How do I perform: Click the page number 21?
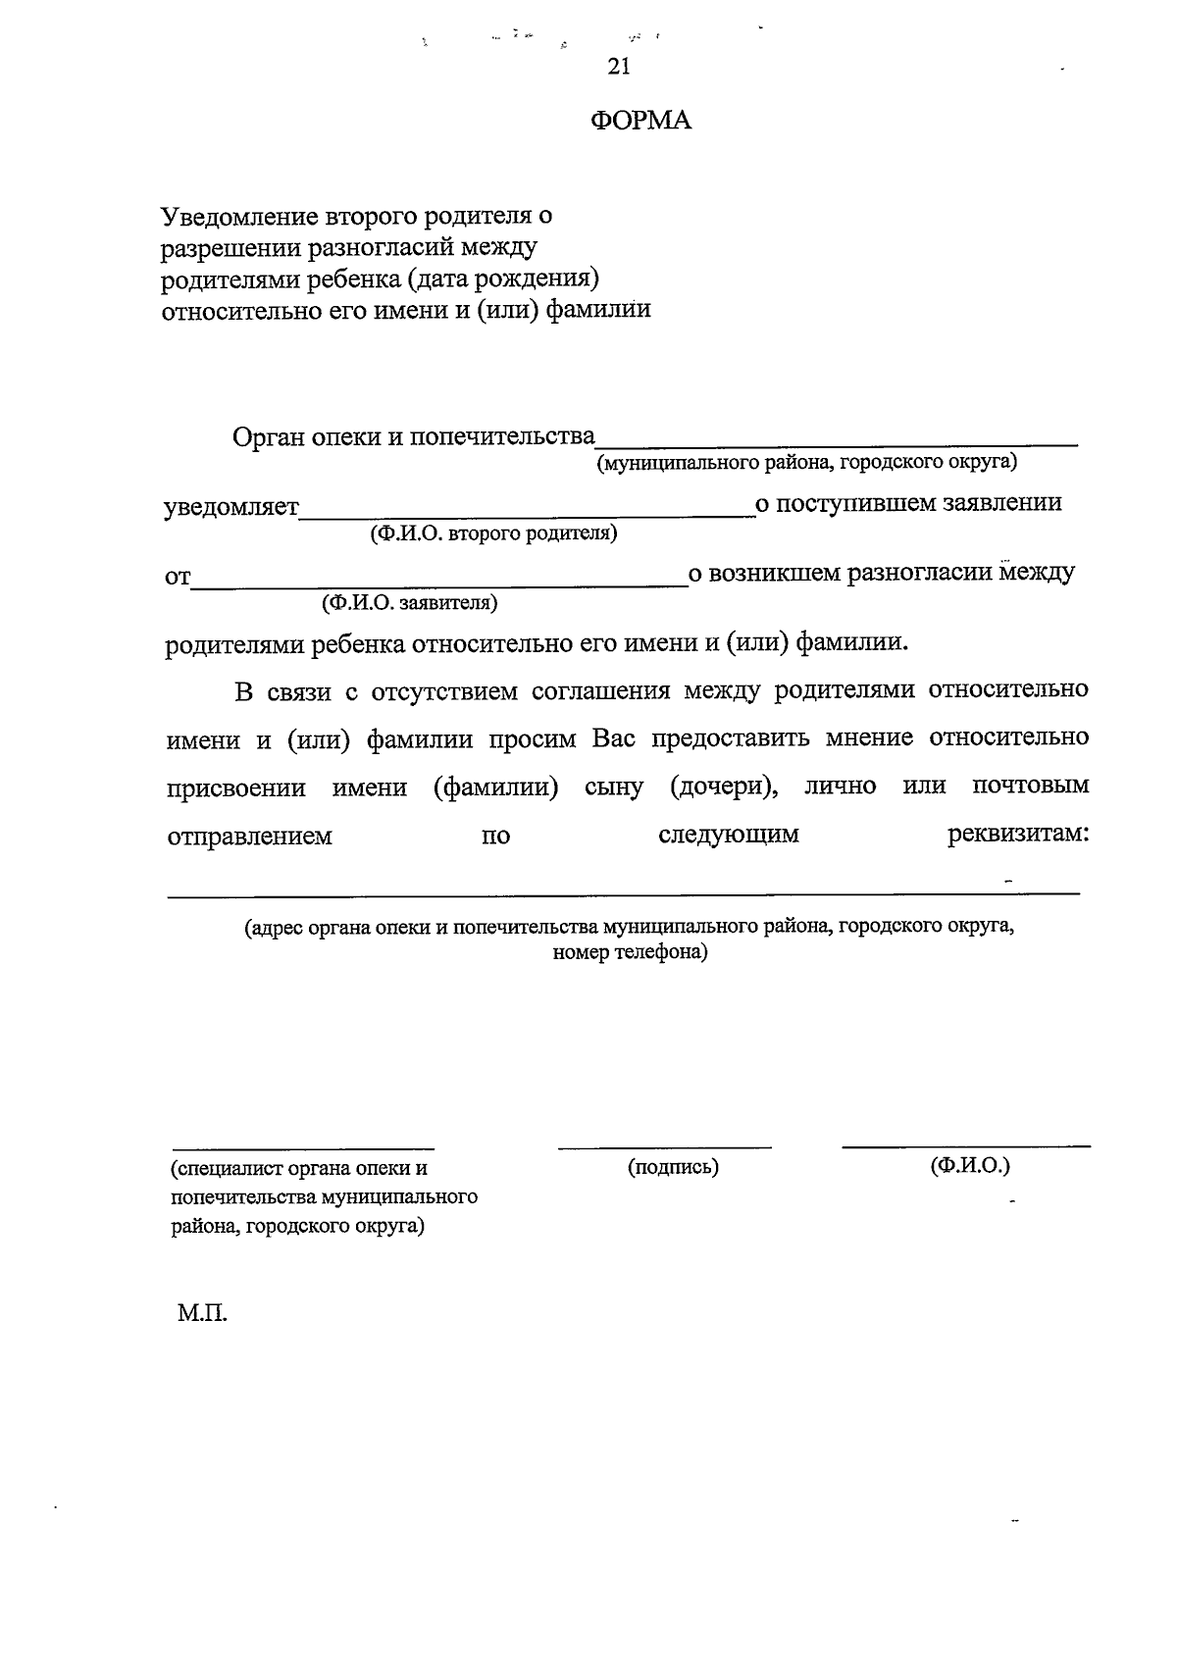[618, 67]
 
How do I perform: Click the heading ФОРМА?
[640, 121]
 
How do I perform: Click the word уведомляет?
[231, 507]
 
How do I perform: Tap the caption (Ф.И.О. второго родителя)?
[493, 533]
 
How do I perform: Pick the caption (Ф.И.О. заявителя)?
[409, 603]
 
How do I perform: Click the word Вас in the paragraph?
[614, 738]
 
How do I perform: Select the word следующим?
[728, 835]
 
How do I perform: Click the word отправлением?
[250, 837]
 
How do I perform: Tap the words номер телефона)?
[630, 952]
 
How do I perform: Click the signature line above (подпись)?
[664, 1145]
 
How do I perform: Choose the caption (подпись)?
[673, 1167]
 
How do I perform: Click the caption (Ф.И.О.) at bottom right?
[970, 1165]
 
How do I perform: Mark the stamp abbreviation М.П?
[202, 1313]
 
